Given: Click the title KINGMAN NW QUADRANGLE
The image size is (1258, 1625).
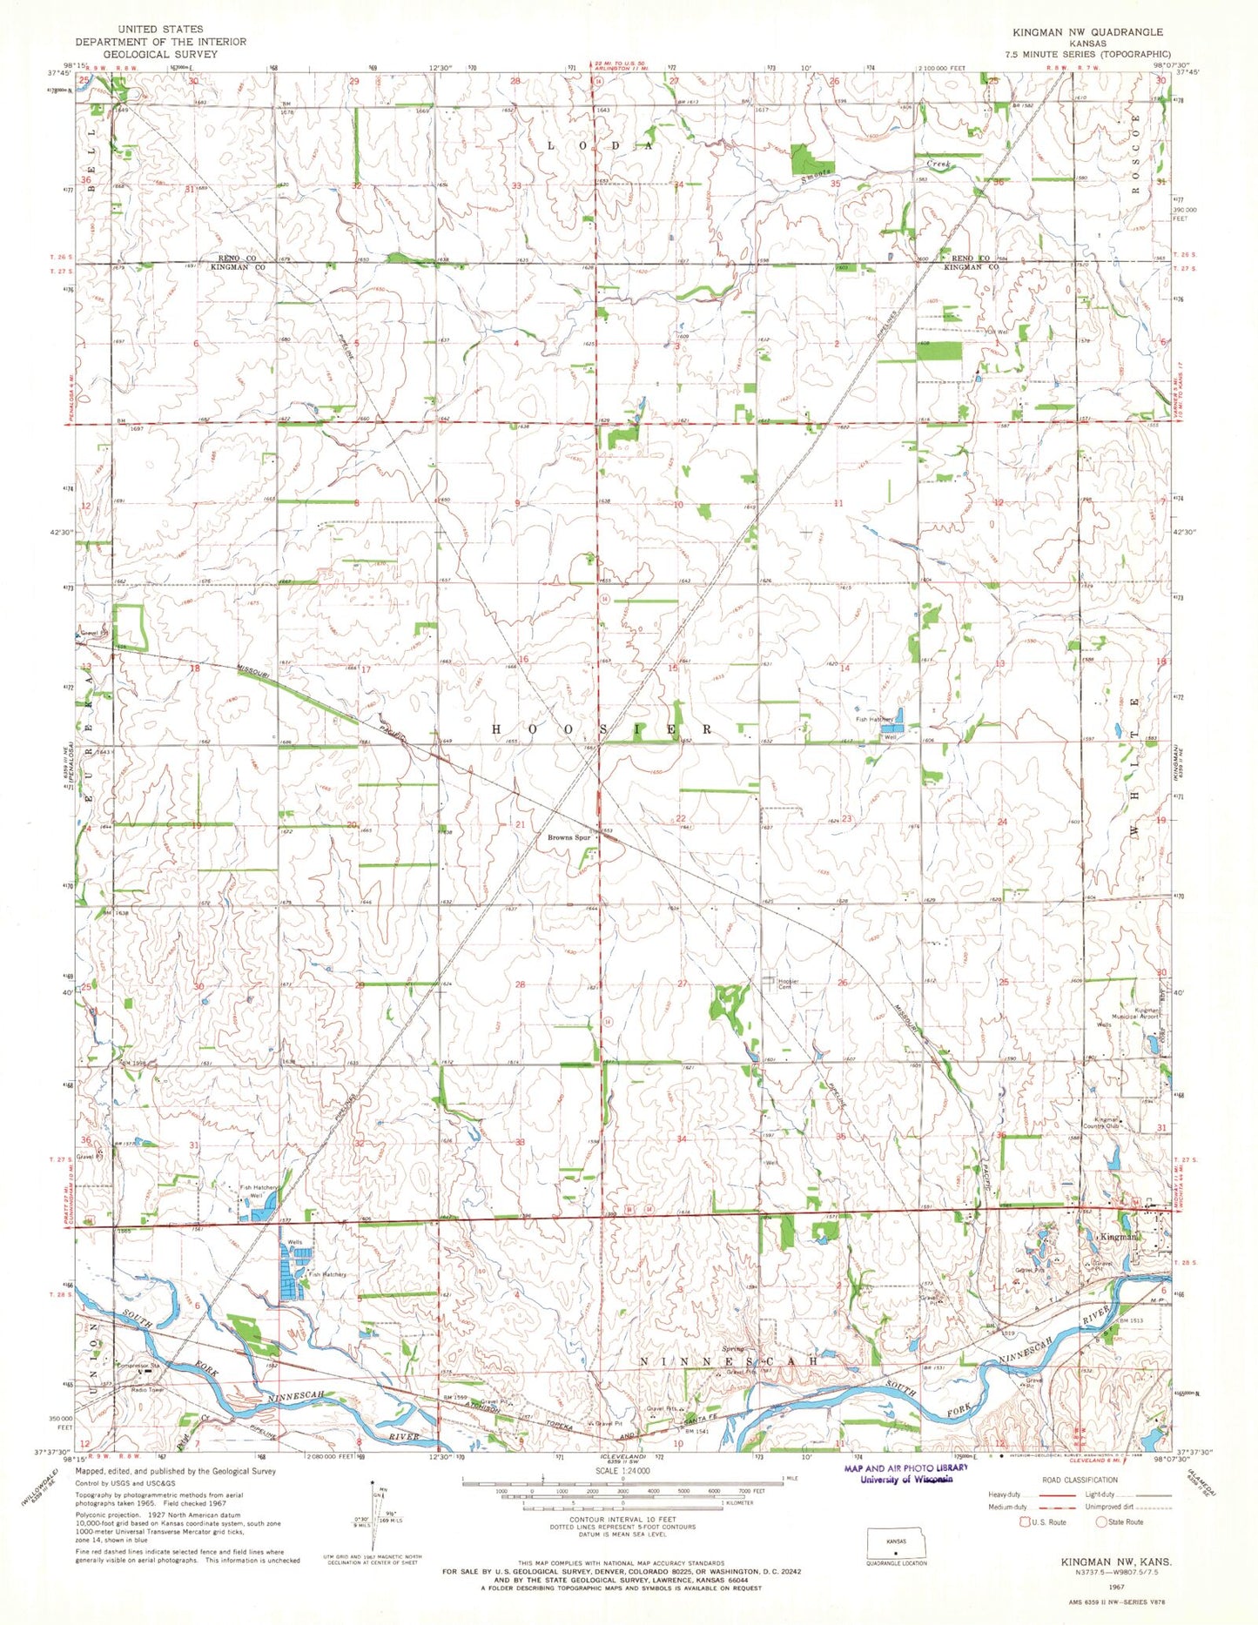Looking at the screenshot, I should click(1086, 31).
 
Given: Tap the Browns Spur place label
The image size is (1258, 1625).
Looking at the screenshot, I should click(568, 837).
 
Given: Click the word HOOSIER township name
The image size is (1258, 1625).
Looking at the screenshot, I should click(602, 729).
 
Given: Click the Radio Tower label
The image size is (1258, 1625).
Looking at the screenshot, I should click(149, 1390).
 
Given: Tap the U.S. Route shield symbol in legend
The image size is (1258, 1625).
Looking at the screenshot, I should click(1025, 1522).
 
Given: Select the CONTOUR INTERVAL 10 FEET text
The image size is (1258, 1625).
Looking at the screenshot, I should click(622, 1520).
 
